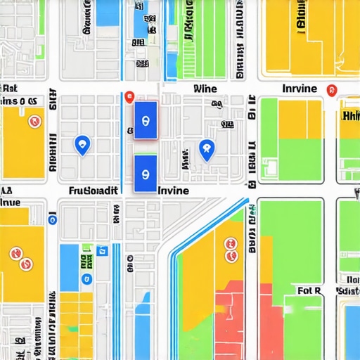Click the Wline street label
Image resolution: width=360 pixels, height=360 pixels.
205,89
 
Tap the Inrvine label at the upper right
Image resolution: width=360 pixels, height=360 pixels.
299,89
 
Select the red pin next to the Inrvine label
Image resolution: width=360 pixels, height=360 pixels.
333,91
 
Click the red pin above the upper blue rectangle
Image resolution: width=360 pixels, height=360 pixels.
129,98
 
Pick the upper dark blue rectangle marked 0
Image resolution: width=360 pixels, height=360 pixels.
146,120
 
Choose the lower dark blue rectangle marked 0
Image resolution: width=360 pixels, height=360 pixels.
146,173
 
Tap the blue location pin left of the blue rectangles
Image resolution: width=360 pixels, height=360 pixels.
82,145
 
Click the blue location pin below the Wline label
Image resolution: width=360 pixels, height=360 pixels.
206,148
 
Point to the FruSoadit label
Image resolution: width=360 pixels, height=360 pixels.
92,191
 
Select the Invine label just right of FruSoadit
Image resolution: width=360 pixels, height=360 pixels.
174,191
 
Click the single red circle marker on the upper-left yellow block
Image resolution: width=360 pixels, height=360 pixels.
32,122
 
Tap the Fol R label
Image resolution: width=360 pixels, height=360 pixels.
309,290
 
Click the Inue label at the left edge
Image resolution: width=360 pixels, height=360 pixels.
10,202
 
